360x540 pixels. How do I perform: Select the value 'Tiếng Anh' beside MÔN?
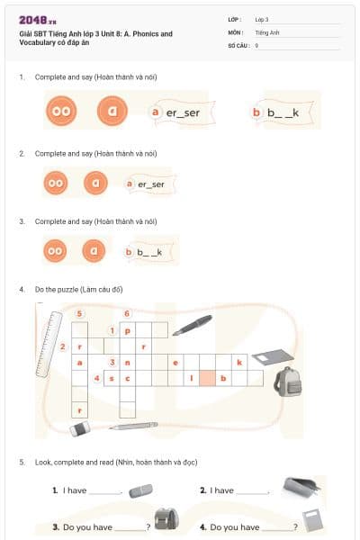[267, 31]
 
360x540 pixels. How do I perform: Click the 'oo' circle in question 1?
[62, 112]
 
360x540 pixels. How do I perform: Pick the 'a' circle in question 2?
[96, 183]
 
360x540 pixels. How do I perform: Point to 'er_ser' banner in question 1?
[177, 112]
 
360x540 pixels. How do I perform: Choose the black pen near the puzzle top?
[192, 324]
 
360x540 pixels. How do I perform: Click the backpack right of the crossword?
[287, 381]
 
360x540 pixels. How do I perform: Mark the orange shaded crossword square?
[207, 378]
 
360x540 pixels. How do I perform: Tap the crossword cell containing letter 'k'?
[239, 362]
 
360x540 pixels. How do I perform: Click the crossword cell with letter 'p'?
[128, 330]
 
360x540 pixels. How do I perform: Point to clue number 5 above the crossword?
[81, 313]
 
